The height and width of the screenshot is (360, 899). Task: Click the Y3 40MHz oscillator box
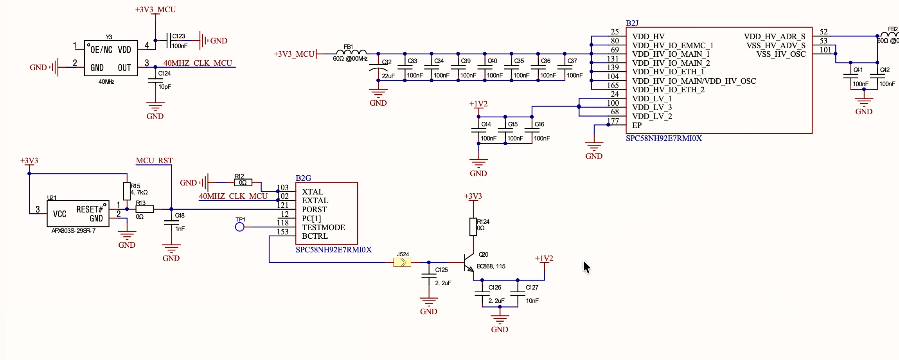[111, 58]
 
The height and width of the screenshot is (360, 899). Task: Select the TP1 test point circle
[240, 227]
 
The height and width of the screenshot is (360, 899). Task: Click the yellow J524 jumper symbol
[402, 263]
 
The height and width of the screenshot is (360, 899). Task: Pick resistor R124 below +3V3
[473, 227]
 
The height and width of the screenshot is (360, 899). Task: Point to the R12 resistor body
[243, 183]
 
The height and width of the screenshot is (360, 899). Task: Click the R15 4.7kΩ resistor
[127, 191]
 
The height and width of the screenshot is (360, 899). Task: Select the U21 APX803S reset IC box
[78, 214]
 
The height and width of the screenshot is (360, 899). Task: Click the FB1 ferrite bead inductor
[351, 52]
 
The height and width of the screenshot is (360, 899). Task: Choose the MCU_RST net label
[154, 160]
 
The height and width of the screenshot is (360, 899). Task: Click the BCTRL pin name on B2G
[315, 236]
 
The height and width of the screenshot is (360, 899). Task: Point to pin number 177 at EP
[613, 121]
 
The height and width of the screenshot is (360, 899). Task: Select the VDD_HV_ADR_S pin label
[775, 36]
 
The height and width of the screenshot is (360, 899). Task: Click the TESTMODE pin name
[324, 227]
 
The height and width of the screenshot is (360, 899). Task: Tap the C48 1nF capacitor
[171, 223]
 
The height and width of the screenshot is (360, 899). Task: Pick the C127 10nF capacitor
[518, 294]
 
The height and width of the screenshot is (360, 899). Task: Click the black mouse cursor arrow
[586, 267]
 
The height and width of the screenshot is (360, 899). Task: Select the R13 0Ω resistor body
[144, 209]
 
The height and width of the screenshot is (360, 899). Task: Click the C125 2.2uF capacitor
[429, 276]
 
